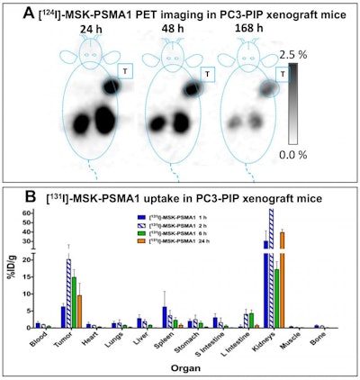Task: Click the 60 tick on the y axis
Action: point(29,213)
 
